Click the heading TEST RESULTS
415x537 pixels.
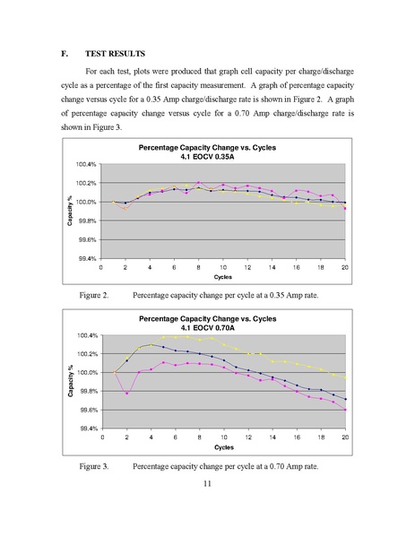(x=115, y=54)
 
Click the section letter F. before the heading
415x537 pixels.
(x=64, y=54)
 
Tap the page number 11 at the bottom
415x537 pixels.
(x=207, y=483)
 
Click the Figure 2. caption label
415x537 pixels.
(x=94, y=295)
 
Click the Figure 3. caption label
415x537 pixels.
(x=94, y=466)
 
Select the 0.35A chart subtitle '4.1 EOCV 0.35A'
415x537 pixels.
(x=208, y=157)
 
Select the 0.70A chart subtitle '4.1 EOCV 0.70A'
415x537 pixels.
(x=208, y=328)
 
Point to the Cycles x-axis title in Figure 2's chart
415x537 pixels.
(x=223, y=277)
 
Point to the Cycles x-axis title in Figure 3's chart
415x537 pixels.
(x=224, y=447)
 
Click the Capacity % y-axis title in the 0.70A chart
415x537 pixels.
(x=71, y=381)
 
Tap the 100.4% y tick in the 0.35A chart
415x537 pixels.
(x=86, y=164)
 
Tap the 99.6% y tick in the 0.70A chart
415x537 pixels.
(x=89, y=410)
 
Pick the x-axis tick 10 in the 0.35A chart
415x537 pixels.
(x=223, y=267)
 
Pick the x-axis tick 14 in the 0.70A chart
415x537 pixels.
(x=272, y=437)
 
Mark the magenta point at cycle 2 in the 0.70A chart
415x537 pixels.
(x=126, y=394)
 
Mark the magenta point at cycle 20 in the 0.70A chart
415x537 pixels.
(x=345, y=410)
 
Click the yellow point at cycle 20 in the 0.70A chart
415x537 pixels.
(x=345, y=377)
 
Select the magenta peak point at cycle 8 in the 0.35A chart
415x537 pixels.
(x=199, y=183)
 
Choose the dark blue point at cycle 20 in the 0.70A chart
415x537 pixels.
(x=345, y=399)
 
